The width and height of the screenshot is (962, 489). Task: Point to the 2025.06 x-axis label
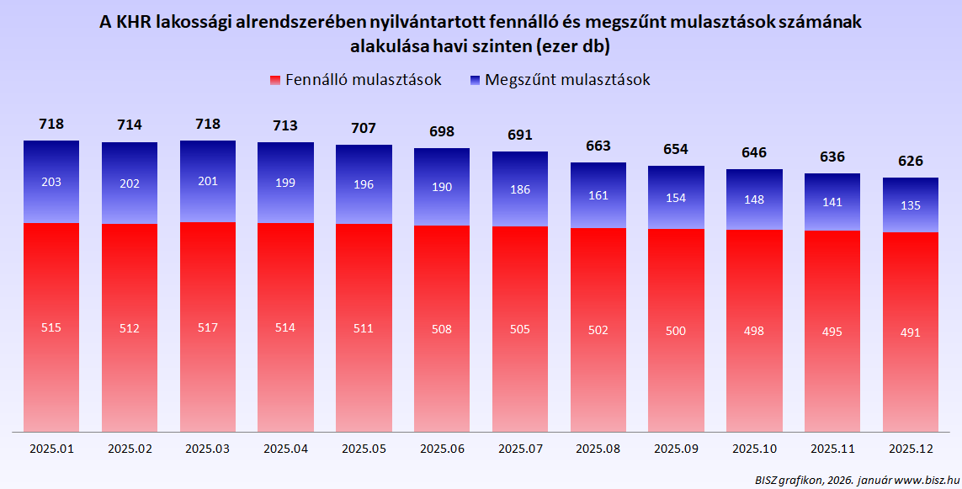coord(442,449)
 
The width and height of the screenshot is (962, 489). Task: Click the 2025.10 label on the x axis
coord(754,449)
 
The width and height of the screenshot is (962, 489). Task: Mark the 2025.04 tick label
coord(285,449)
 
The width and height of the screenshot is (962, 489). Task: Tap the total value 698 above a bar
coord(442,131)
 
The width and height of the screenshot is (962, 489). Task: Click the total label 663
coord(598,146)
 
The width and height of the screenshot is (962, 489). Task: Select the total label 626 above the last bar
coord(911,161)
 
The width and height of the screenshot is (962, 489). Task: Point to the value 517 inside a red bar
coord(207,327)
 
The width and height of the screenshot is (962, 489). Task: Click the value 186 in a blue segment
coord(520,190)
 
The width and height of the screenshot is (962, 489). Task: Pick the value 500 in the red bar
coord(676,330)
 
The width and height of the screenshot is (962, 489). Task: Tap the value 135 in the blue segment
coord(911,205)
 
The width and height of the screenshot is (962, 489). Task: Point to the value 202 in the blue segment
coord(130,182)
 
